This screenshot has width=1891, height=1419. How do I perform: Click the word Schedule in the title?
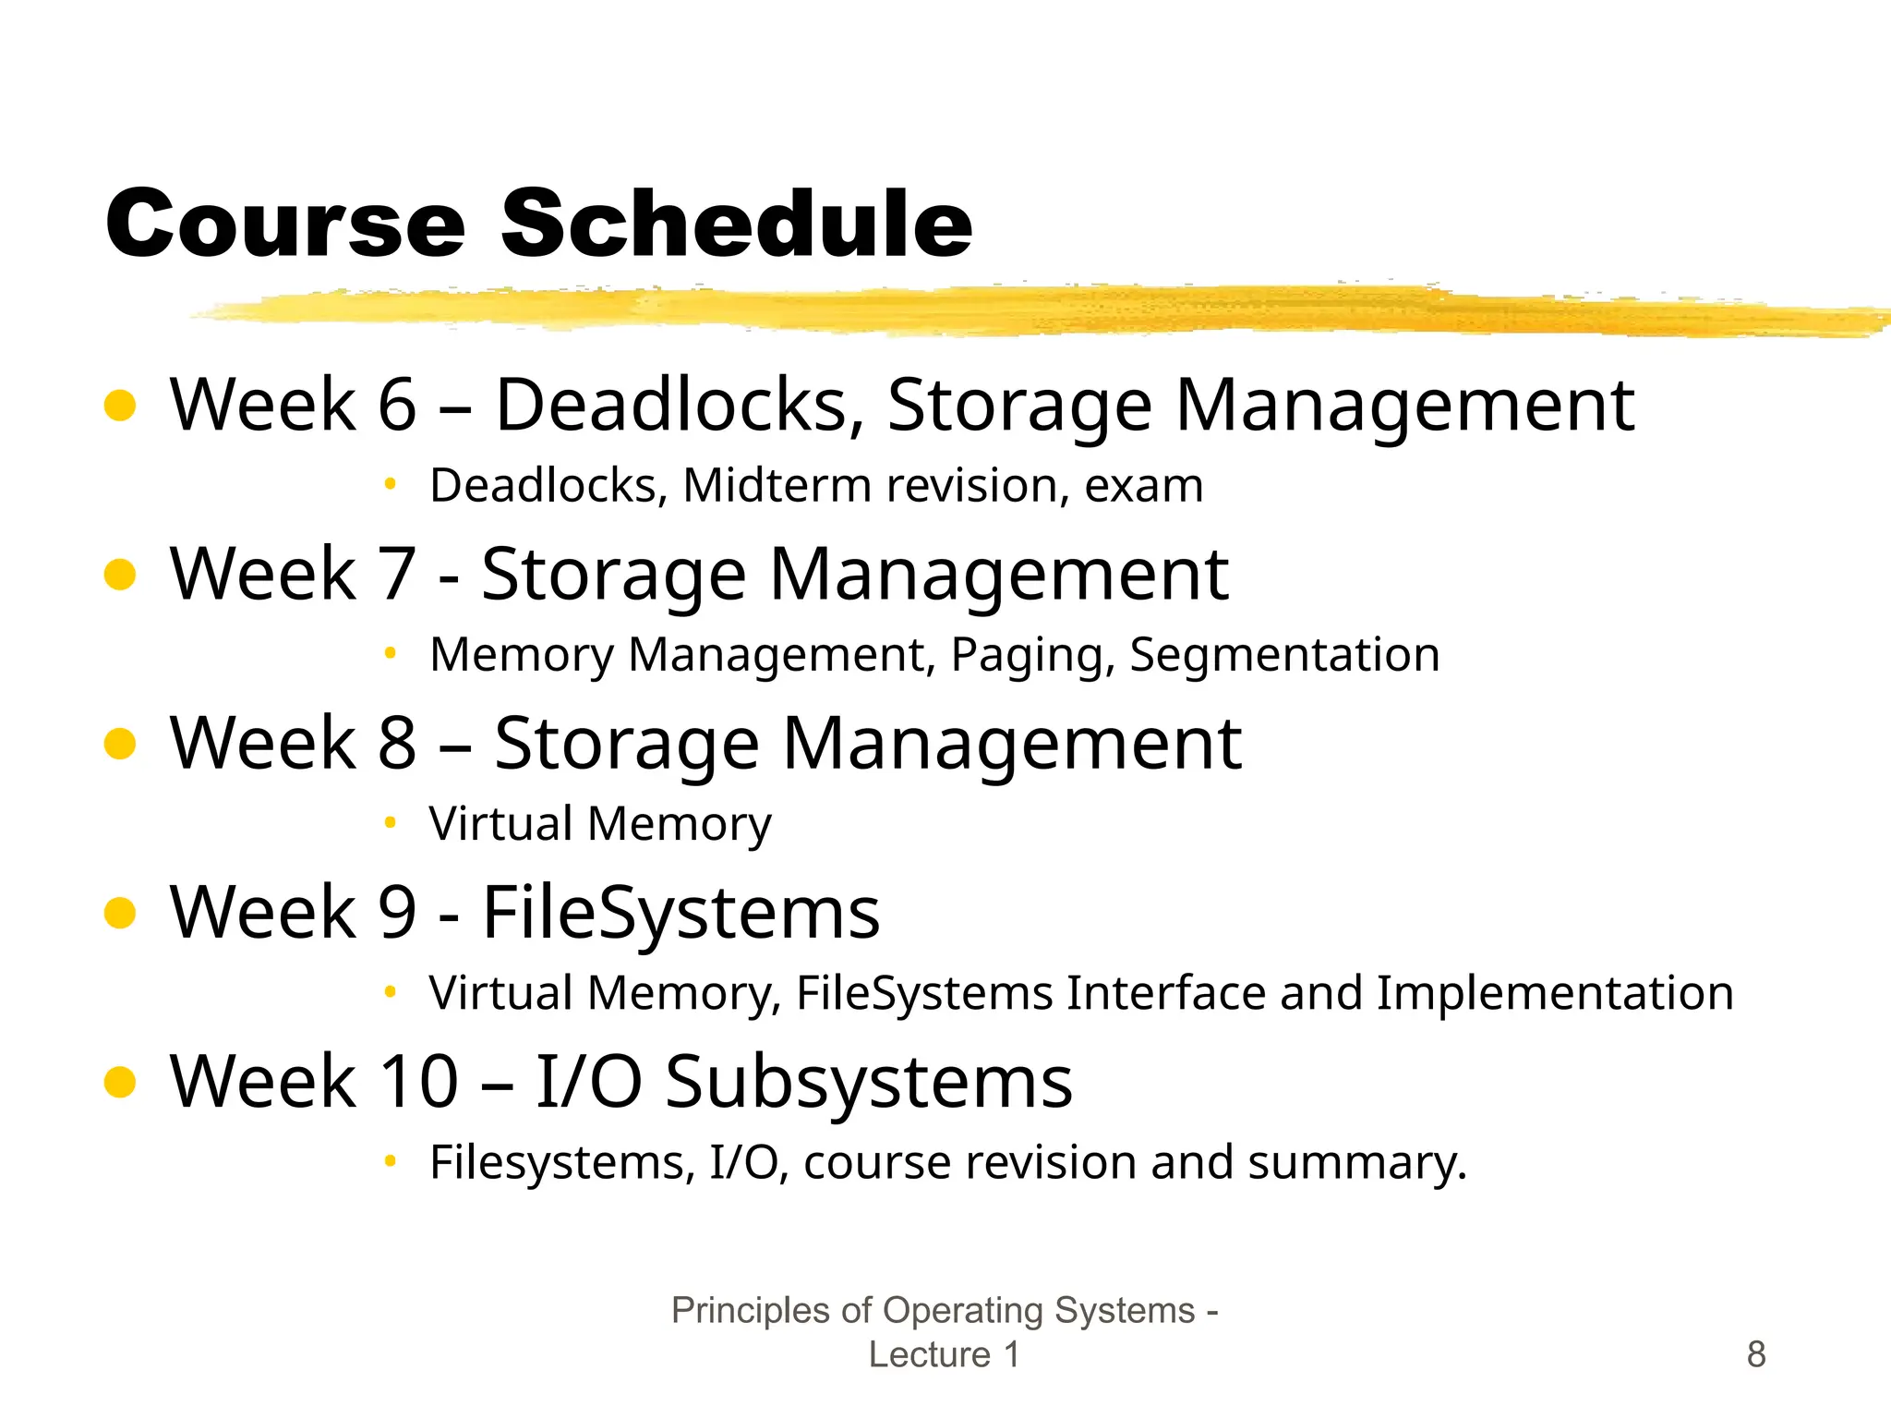coord(736,224)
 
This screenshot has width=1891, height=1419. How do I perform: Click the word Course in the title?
coord(285,224)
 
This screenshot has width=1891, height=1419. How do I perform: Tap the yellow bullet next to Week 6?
coord(121,406)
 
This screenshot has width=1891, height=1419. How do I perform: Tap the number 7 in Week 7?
coord(397,575)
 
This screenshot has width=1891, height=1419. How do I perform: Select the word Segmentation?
coord(1284,655)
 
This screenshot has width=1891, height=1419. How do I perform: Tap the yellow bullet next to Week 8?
coord(121,744)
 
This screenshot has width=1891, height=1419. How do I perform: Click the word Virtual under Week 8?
coord(500,823)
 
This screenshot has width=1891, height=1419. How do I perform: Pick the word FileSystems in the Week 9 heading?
coord(681,913)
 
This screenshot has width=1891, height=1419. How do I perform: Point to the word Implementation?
coord(1554,993)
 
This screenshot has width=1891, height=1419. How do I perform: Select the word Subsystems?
coord(867,1082)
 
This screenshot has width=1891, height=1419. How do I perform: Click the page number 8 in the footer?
coord(1756,1354)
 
